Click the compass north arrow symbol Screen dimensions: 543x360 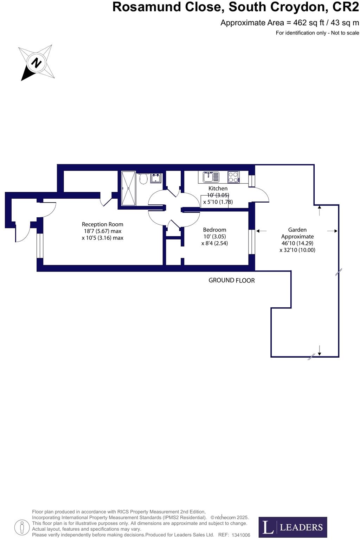(x=36, y=63)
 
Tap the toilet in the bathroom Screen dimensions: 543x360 (x=143, y=179)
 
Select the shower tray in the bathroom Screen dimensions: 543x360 (x=128, y=188)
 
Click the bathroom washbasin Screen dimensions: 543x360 (x=156, y=178)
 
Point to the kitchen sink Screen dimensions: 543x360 (x=211, y=177)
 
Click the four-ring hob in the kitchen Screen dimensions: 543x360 (x=233, y=177)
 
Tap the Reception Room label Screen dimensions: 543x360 (x=102, y=224)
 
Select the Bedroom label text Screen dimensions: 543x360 (x=214, y=230)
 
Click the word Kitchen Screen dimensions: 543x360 (x=218, y=189)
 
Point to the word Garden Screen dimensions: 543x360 (x=297, y=230)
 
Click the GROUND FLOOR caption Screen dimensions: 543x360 (x=231, y=280)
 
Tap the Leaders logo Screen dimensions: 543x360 (x=292, y=527)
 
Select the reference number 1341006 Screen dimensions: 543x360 (x=241, y=535)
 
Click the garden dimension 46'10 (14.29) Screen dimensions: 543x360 (x=297, y=243)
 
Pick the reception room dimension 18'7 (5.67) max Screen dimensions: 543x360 (x=102, y=231)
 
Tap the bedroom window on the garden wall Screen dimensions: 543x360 (x=251, y=242)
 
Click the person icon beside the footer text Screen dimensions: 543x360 (x=22, y=527)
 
